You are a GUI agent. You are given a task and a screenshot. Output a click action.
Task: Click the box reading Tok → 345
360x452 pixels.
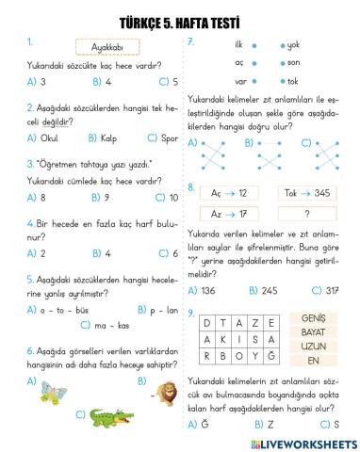(307, 192)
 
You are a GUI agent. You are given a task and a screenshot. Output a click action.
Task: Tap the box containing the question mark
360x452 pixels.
(307, 214)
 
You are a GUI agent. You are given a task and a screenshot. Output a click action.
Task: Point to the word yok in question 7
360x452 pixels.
(293, 45)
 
